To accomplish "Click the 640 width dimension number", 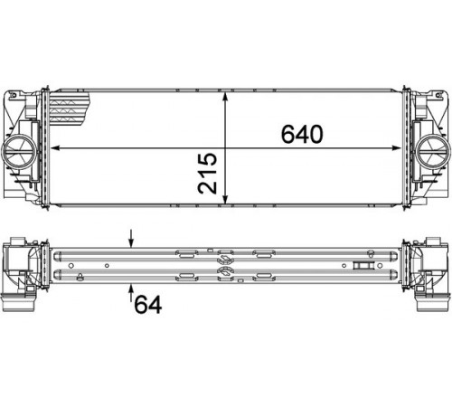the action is click(302, 134).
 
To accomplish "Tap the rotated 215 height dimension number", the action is click(207, 173).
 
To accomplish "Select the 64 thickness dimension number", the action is click(148, 304).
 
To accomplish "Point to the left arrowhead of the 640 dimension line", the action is click(55, 148).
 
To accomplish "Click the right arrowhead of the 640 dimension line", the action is click(396, 148).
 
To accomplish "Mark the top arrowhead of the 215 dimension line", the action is click(225, 97).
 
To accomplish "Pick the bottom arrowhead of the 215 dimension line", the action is click(225, 199).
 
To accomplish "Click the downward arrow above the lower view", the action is click(131, 239).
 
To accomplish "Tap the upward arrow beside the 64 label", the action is click(131, 293).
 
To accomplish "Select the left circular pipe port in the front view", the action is click(19, 151).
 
